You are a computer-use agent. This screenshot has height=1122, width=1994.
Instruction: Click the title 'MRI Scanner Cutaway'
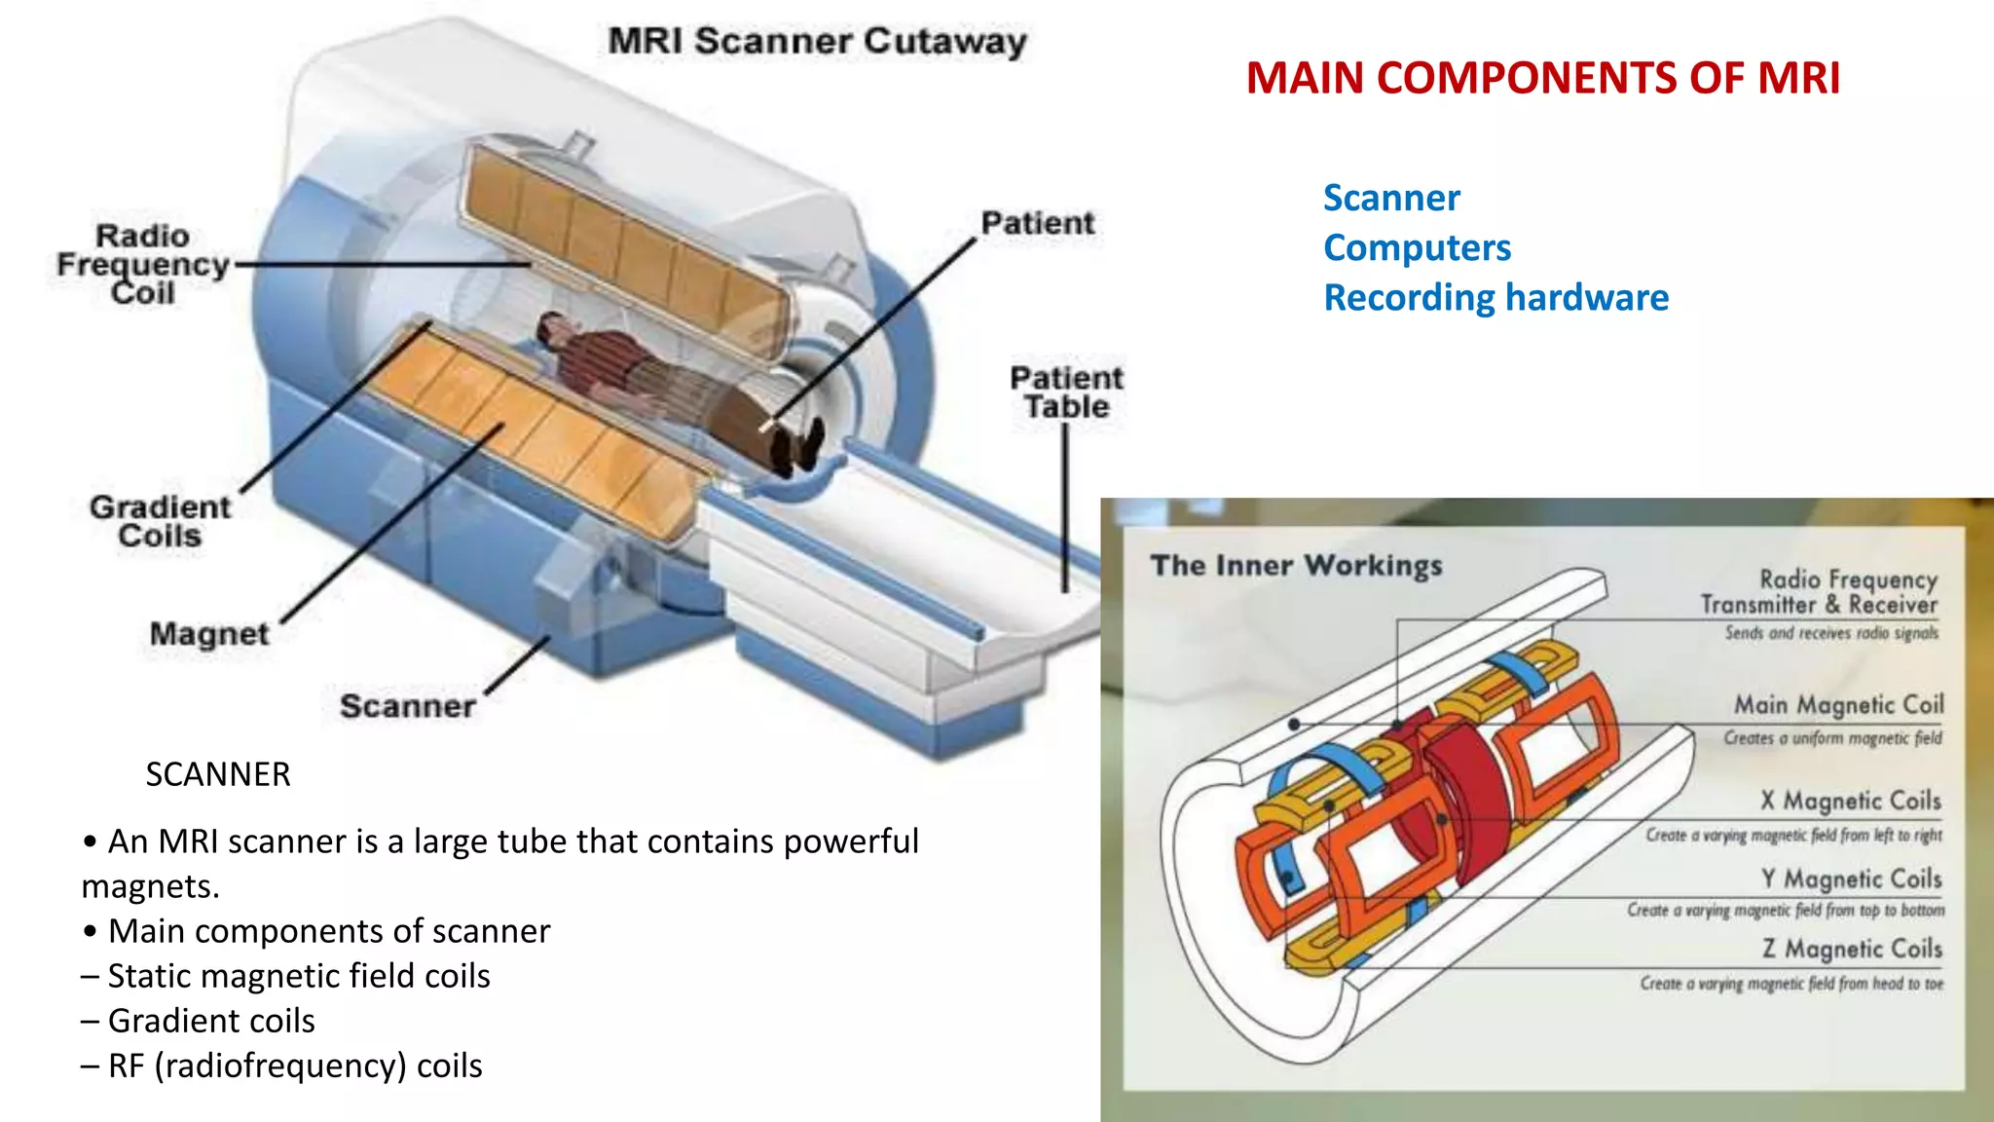click(817, 41)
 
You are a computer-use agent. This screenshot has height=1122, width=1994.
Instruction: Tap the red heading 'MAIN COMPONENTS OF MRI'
click(1542, 78)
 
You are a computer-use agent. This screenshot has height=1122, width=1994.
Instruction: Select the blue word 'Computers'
click(1417, 247)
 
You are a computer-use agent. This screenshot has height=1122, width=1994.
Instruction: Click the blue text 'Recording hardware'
click(1495, 297)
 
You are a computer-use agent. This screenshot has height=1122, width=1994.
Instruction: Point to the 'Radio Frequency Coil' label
click(142, 264)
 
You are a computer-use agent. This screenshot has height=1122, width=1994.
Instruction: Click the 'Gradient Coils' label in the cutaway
click(160, 521)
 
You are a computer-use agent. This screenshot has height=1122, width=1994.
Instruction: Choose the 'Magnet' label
click(209, 634)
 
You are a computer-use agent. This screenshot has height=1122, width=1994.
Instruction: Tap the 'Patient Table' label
click(1066, 392)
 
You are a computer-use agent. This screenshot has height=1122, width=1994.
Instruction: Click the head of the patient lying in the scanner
click(552, 329)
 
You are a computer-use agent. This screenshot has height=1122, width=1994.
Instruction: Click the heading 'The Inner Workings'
click(1296, 566)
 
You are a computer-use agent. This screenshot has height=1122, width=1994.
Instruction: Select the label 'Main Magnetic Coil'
click(1837, 704)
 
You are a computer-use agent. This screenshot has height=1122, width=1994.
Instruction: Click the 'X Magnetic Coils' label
click(1850, 801)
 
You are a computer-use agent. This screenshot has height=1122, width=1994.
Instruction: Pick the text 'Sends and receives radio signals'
click(1831, 633)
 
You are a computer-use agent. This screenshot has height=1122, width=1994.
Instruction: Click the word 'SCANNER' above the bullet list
click(218, 774)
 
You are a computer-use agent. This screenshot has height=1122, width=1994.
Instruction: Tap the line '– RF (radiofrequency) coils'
click(281, 1066)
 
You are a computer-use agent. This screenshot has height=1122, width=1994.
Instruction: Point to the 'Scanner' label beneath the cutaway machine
click(407, 706)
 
